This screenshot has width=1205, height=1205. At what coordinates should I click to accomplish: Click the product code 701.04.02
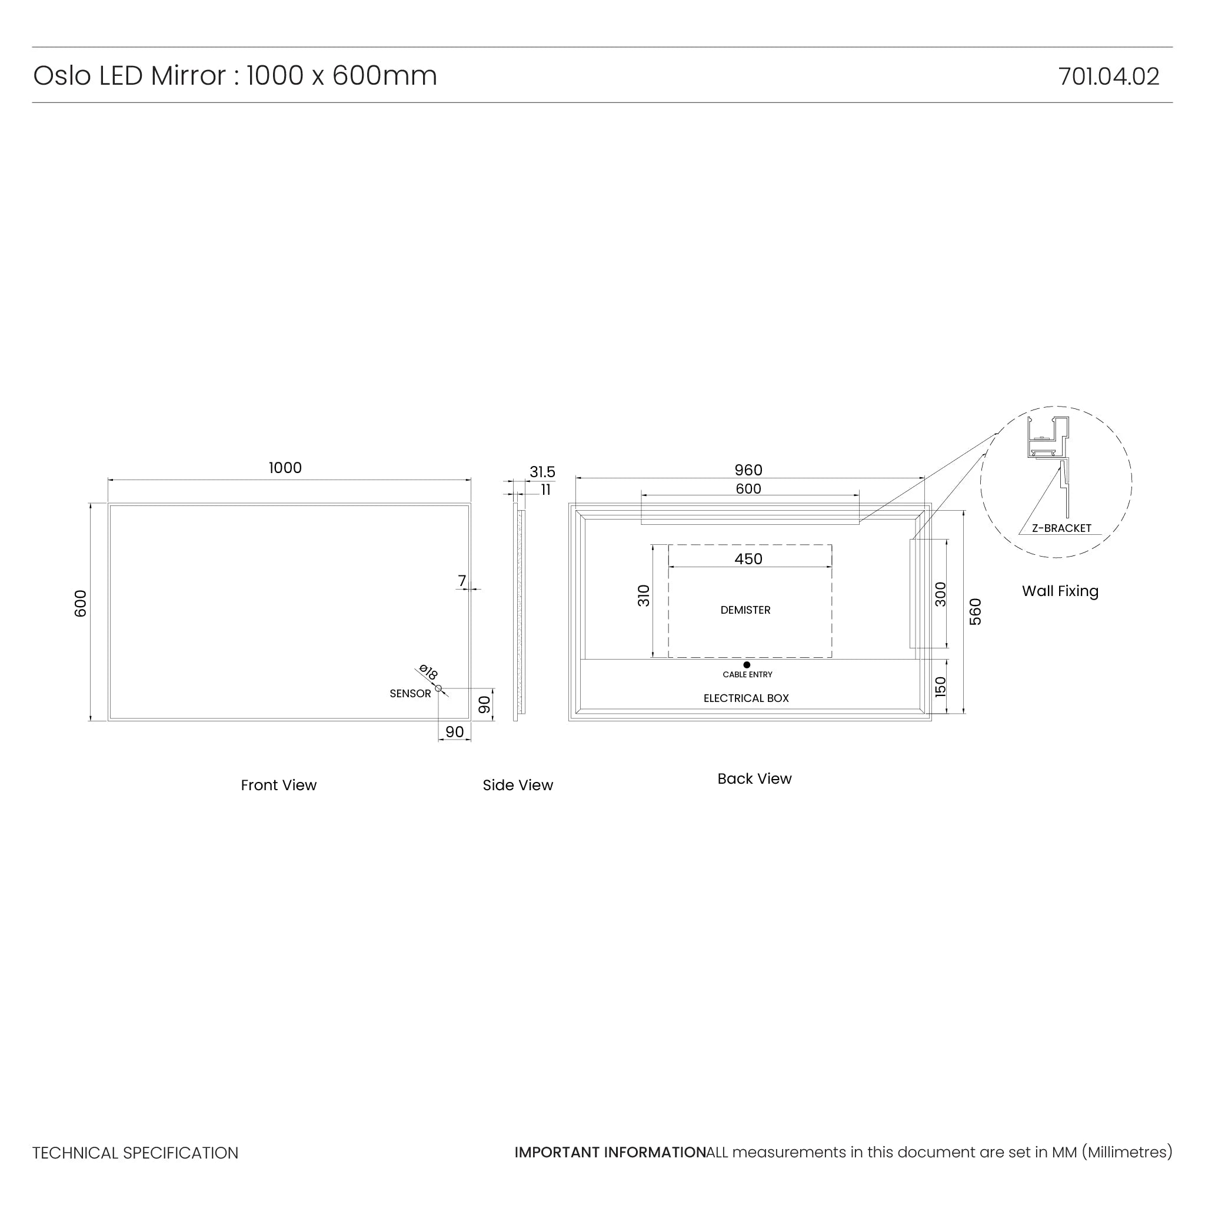[x=1109, y=76]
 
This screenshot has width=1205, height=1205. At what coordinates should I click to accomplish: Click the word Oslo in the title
[x=61, y=76]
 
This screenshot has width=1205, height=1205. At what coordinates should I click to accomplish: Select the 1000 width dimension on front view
[x=285, y=468]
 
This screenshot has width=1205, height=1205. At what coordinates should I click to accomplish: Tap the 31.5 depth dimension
[x=542, y=472]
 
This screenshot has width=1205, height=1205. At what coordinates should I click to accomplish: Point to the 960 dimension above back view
[x=748, y=470]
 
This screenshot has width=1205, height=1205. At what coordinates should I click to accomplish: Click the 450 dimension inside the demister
[x=748, y=559]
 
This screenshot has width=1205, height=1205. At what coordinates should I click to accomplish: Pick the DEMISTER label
[x=745, y=610]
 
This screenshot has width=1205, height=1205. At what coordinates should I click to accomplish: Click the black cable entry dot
[x=747, y=665]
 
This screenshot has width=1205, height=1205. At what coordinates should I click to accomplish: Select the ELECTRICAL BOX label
[x=746, y=698]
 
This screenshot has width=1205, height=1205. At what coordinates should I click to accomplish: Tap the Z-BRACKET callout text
[x=1061, y=528]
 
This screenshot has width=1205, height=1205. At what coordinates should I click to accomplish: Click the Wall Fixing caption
[x=1060, y=591]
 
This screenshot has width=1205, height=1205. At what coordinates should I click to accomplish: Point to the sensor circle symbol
[x=438, y=688]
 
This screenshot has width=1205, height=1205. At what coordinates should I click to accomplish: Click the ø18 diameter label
[x=428, y=673]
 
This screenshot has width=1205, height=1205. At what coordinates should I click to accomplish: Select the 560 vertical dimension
[x=976, y=612]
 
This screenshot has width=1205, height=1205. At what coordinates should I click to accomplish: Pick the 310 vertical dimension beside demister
[x=644, y=595]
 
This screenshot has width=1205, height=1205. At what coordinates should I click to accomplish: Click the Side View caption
[x=518, y=785]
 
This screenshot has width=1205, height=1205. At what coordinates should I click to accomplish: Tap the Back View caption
[x=754, y=778]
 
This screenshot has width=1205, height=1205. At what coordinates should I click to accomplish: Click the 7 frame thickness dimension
[x=461, y=581]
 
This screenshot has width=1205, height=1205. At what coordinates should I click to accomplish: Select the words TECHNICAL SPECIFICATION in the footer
[x=135, y=1153]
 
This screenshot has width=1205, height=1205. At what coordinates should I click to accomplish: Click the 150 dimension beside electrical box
[x=941, y=687]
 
